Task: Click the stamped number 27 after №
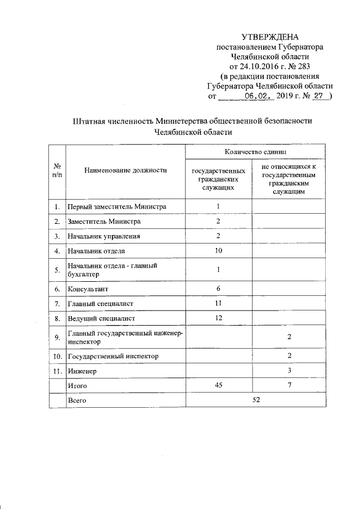pyautogui.click(x=318, y=96)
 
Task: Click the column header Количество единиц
pyautogui.click(x=255, y=152)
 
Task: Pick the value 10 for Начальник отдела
pyautogui.click(x=218, y=250)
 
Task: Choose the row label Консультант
pyautogui.click(x=88, y=289)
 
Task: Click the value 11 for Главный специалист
pyautogui.click(x=218, y=304)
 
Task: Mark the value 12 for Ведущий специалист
pyautogui.click(x=218, y=319)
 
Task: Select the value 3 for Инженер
pyautogui.click(x=289, y=371)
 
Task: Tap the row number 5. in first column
pyautogui.click(x=57, y=270)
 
